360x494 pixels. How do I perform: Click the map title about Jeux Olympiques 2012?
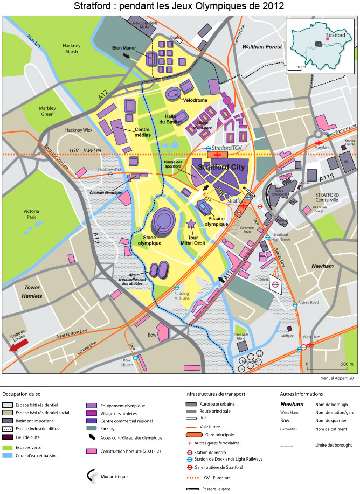pyautogui.click(x=179, y=6)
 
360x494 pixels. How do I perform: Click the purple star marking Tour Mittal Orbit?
pyautogui.click(x=190, y=224)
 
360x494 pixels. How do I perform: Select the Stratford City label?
pyautogui.click(x=221, y=168)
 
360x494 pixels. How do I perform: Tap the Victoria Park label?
pyautogui.click(x=31, y=214)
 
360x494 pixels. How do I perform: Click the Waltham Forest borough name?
pyautogui.click(x=262, y=47)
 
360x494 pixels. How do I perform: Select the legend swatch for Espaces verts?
pyautogui.click(x=8, y=447)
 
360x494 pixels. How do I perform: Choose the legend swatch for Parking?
pyautogui.click(x=92, y=429)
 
